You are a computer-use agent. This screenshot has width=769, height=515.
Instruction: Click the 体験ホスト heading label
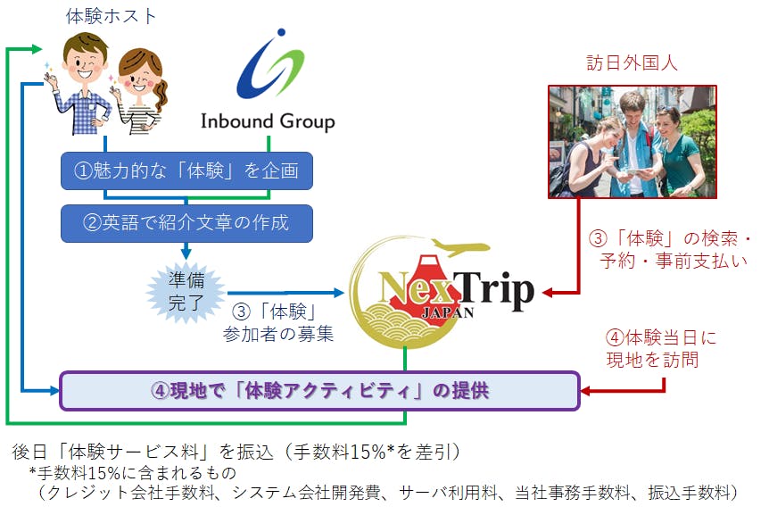click(x=112, y=15)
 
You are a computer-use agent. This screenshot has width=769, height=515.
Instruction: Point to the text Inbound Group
click(x=267, y=121)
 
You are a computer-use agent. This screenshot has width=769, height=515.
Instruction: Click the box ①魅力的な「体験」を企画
click(x=187, y=170)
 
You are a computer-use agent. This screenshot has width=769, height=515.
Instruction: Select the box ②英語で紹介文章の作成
click(x=187, y=223)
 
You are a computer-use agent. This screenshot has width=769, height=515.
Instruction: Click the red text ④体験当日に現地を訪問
click(x=662, y=349)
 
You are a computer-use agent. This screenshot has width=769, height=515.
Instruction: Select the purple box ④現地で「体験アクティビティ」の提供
click(x=318, y=391)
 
